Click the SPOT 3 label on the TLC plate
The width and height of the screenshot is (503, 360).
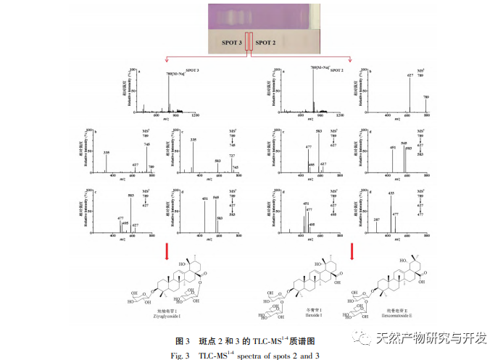coord(231,43)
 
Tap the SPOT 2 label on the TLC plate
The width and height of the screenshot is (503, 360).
coord(265,43)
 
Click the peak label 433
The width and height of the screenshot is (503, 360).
coord(391,193)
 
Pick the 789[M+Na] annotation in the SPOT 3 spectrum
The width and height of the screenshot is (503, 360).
coord(175,73)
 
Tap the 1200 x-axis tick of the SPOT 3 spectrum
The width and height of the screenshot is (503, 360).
coord(194,116)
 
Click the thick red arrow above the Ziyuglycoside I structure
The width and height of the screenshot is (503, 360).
coord(168,251)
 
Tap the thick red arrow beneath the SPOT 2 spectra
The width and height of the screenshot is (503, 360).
coord(352,251)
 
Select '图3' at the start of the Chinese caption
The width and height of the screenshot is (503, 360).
coord(182,340)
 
